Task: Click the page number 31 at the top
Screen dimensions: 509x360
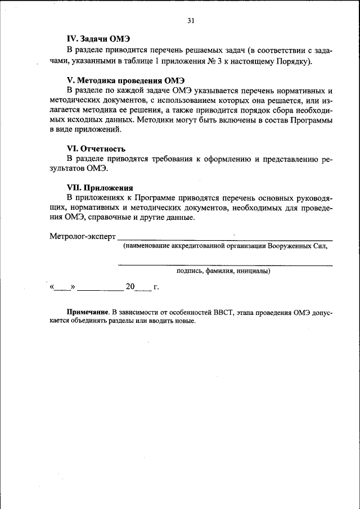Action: tap(190, 21)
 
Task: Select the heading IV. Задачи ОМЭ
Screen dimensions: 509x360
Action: tap(98, 39)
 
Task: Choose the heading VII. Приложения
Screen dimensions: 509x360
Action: tap(100, 188)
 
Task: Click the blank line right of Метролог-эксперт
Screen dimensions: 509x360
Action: tap(225, 240)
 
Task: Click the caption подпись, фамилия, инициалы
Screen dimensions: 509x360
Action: tap(223, 271)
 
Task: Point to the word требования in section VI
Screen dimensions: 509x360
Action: tap(171, 159)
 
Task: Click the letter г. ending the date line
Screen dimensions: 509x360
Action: tap(156, 287)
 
